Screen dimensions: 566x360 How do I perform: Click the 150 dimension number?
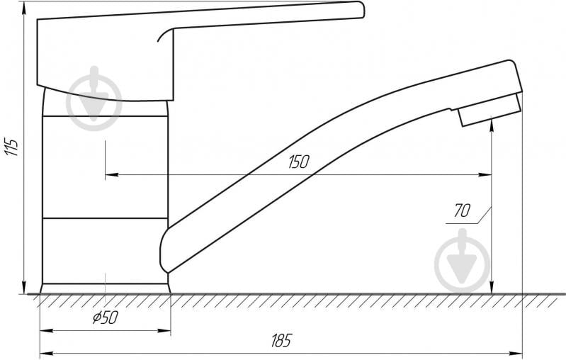click(x=299, y=162)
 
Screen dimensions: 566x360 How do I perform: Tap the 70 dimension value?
click(x=462, y=210)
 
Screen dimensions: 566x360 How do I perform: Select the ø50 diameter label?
click(x=106, y=317)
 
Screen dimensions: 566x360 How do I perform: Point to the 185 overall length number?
click(x=281, y=340)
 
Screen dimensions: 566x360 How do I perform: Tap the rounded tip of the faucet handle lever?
click(x=361, y=9)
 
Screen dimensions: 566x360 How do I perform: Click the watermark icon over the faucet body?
click(x=95, y=99)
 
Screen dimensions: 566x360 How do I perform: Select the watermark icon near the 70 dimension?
click(x=463, y=261)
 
